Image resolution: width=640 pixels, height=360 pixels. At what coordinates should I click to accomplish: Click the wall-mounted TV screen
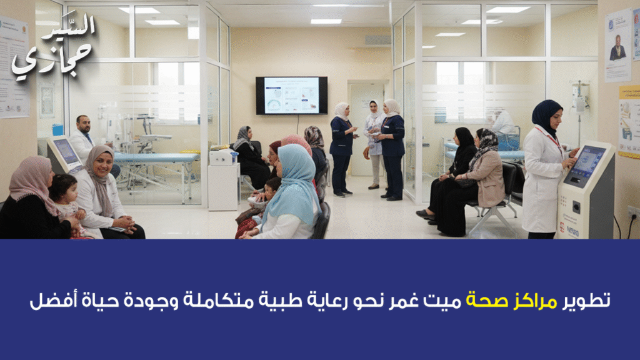291,95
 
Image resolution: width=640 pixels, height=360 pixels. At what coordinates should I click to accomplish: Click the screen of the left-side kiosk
66,151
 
